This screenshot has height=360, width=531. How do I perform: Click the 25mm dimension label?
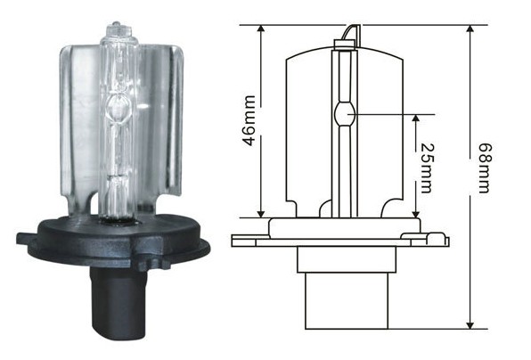pyautogui.click(x=426, y=168)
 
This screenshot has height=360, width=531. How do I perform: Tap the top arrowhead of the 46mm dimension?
pyautogui.click(x=260, y=29)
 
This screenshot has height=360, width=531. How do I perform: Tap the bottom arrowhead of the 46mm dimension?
pyautogui.click(x=260, y=214)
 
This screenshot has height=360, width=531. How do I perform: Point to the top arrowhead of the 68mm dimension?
pyautogui.click(x=470, y=29)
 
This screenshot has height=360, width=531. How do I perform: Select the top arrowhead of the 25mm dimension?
pyautogui.click(x=416, y=119)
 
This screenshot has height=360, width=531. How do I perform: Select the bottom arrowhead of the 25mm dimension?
pyautogui.click(x=416, y=214)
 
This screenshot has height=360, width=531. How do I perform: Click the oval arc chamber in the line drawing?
pyautogui.click(x=345, y=114)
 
